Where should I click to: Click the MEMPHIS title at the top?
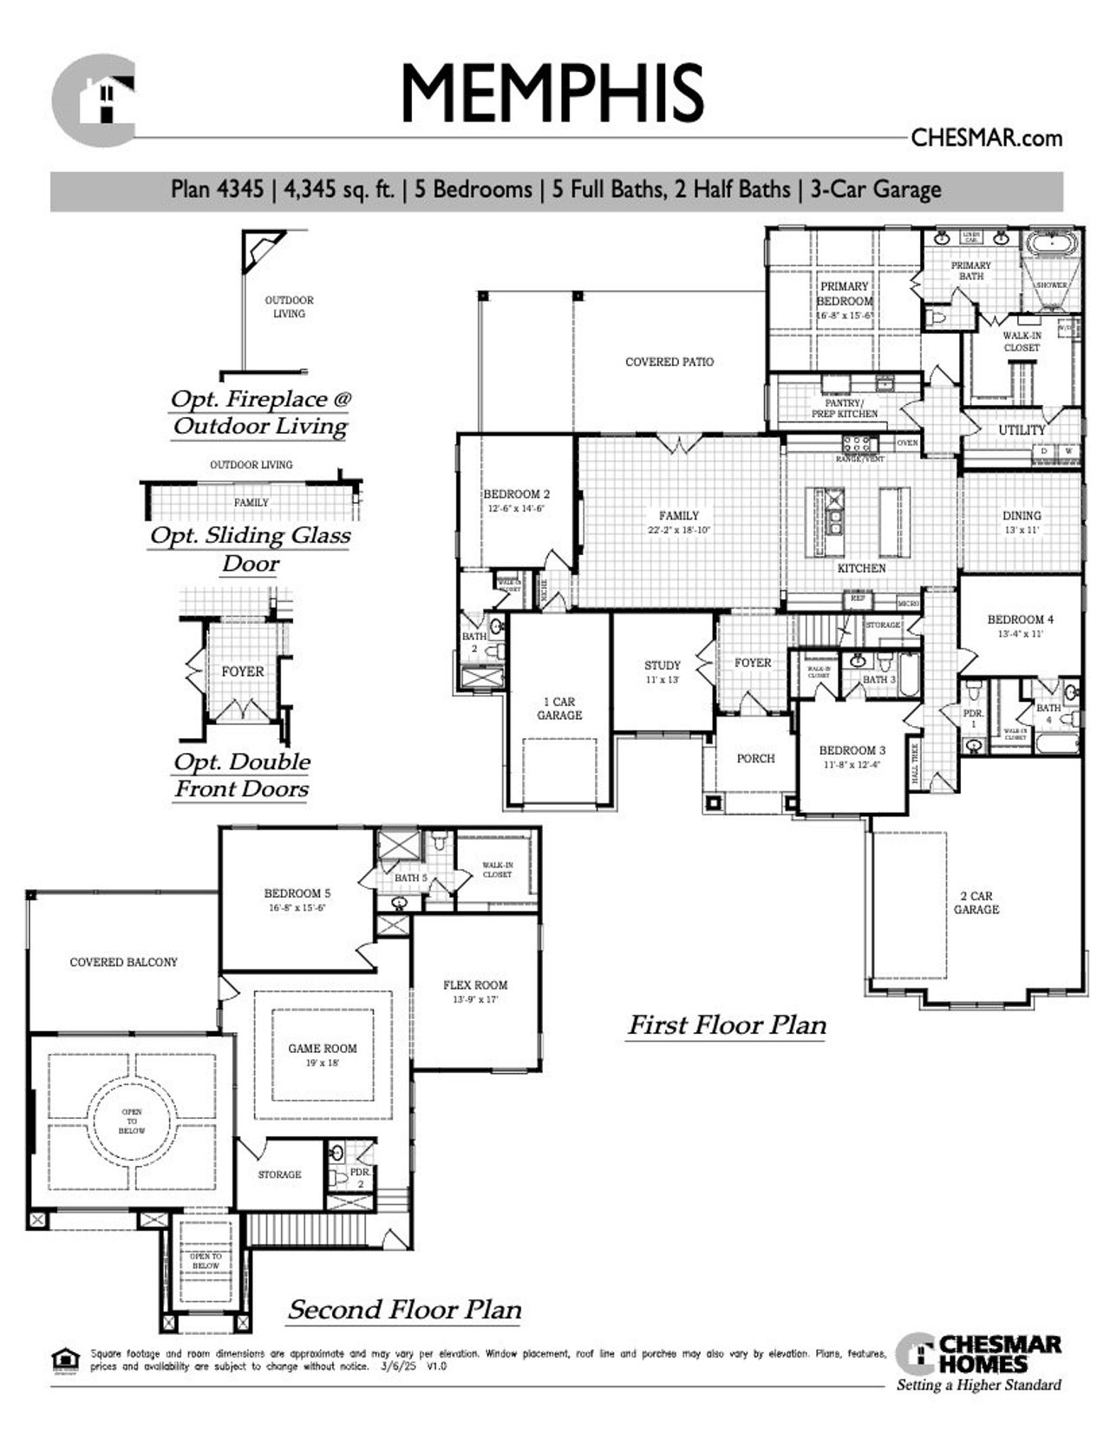[x=552, y=93]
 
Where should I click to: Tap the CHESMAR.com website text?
[x=986, y=138]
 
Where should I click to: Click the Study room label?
[x=662, y=665]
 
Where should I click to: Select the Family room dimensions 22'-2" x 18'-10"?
[x=678, y=530]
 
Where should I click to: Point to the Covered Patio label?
[x=669, y=362]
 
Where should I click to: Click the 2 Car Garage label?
[x=976, y=902]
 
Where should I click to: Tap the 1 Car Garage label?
[x=559, y=708]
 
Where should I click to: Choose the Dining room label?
[x=1022, y=515]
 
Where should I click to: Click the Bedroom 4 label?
[x=1021, y=619]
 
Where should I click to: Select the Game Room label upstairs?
[x=323, y=1048]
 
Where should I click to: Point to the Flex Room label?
[x=475, y=984]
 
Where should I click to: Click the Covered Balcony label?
[x=123, y=962]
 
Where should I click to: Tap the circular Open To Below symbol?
[x=132, y=1121]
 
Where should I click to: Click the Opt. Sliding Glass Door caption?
[x=250, y=548]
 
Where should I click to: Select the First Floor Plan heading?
[x=727, y=1025]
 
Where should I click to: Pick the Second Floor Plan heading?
[x=405, y=1309]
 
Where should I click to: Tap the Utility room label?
[x=1022, y=430]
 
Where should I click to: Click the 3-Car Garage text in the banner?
[x=875, y=190]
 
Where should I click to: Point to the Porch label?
[x=755, y=758]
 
